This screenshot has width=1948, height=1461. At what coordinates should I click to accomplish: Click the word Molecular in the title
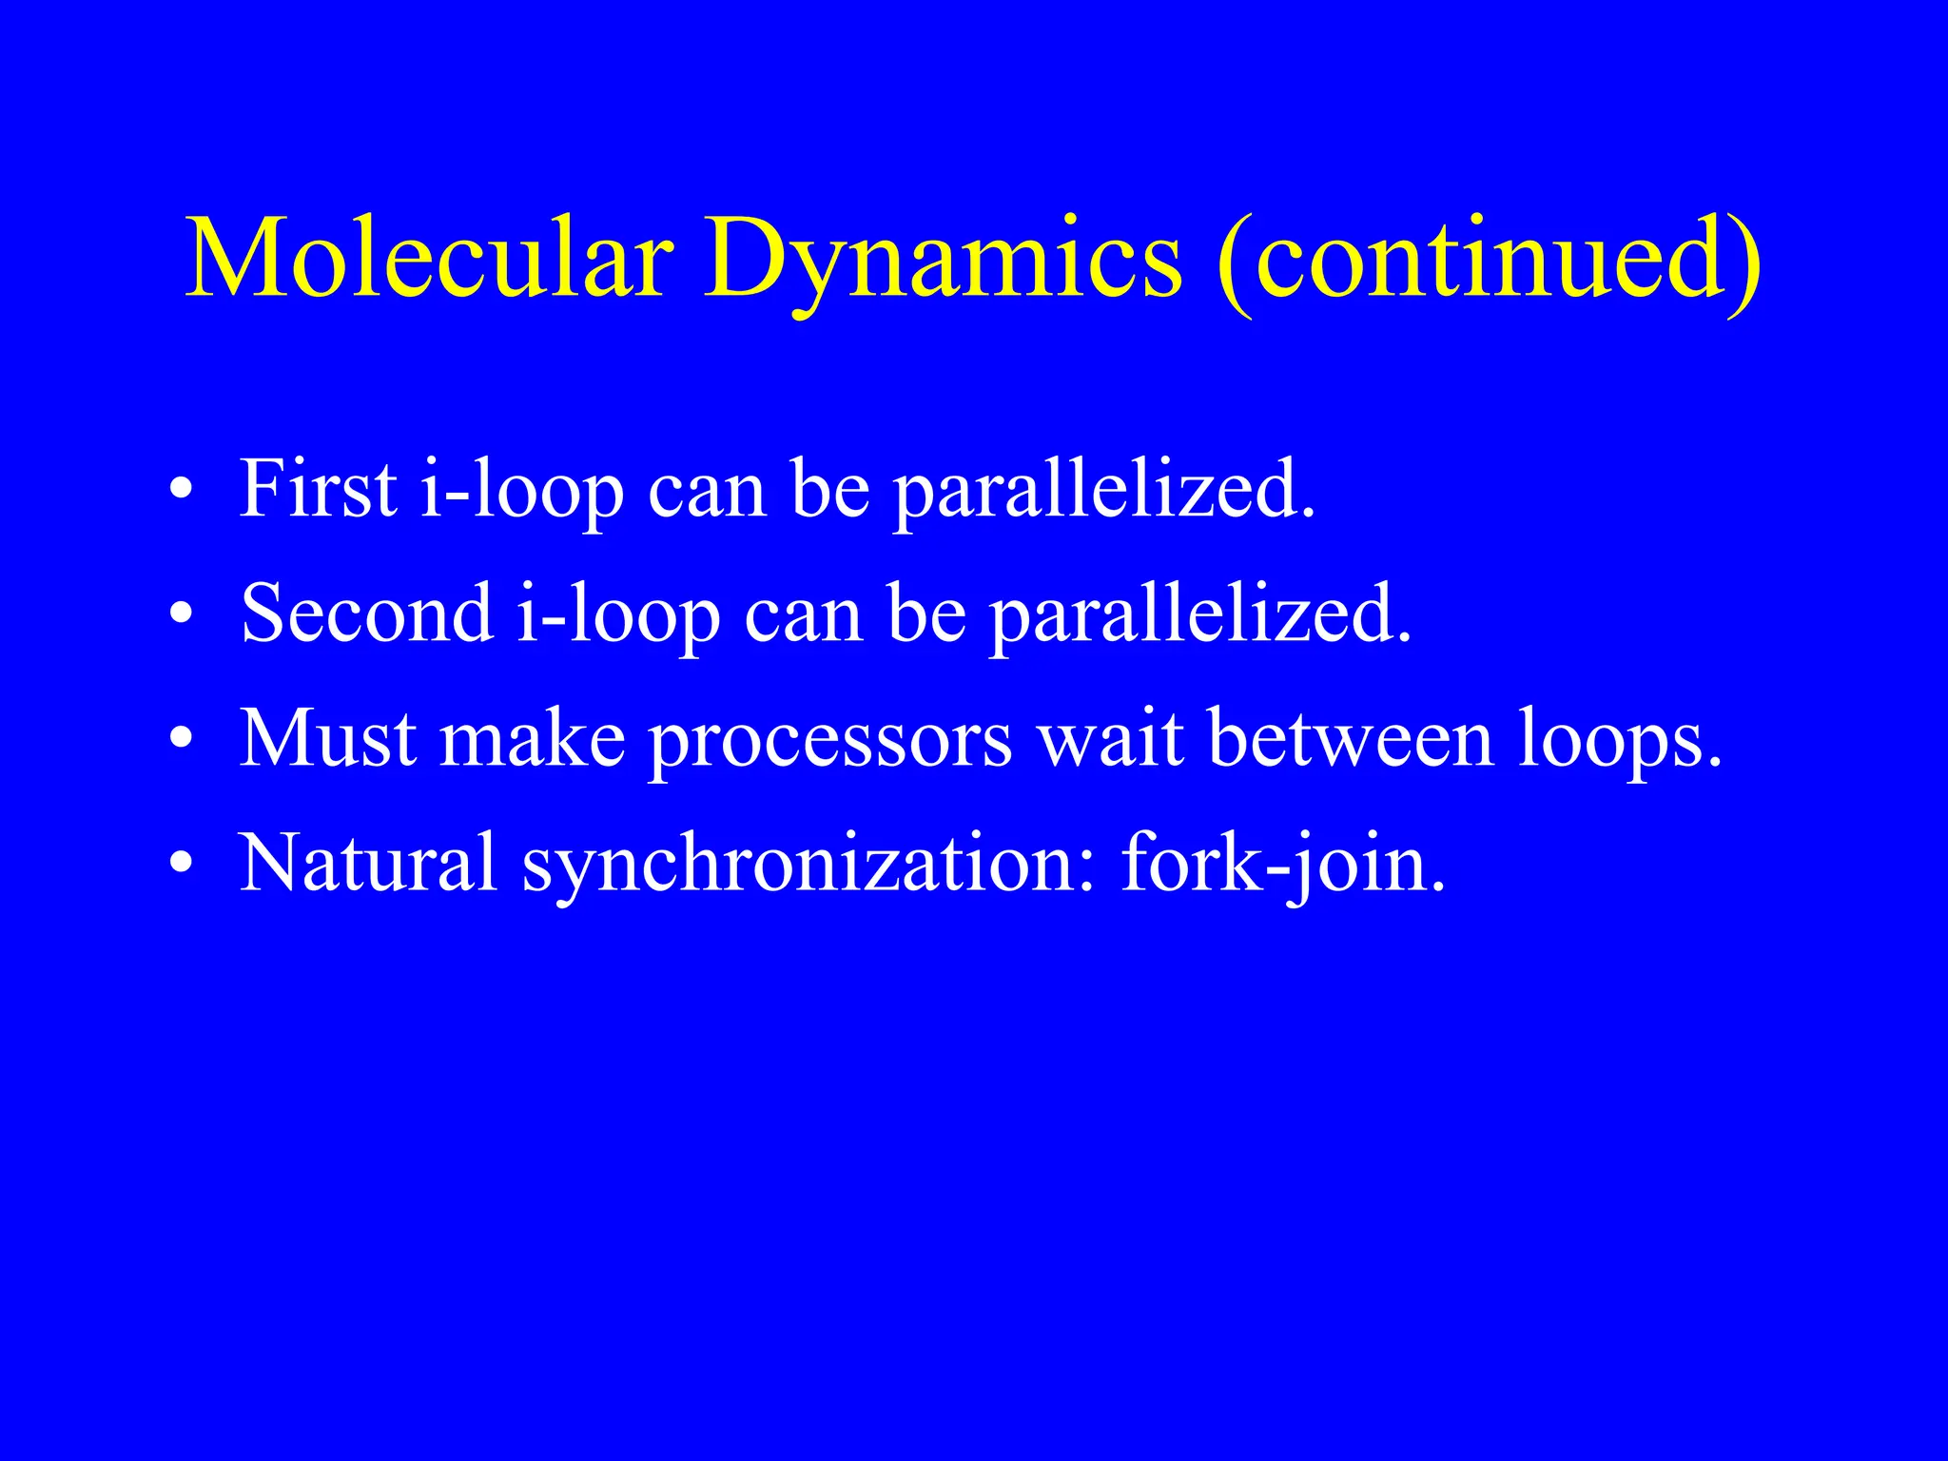tap(429, 259)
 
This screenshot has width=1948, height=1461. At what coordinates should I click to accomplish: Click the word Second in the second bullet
tap(366, 614)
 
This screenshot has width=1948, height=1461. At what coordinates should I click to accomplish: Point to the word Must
tap(327, 739)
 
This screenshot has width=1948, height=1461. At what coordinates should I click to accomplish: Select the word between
tap(1351, 739)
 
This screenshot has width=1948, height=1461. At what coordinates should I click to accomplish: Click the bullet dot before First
tap(181, 493)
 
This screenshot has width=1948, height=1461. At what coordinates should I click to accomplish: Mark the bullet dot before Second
tap(181, 617)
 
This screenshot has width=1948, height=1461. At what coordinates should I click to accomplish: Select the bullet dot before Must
tap(181, 742)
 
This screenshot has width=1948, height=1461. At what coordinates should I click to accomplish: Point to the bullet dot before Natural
tap(181, 866)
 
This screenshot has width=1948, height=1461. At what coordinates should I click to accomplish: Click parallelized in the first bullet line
tap(1103, 491)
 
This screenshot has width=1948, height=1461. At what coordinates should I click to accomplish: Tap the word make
tap(532, 739)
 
